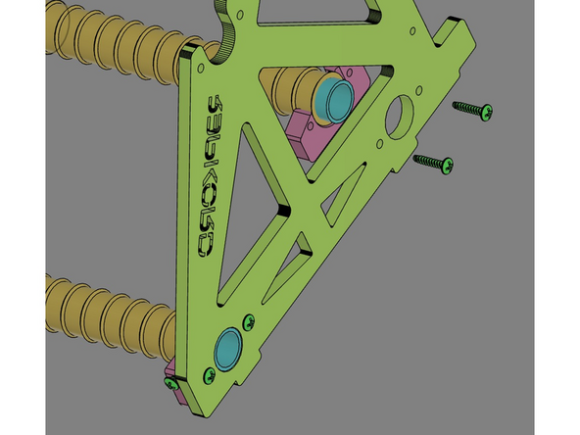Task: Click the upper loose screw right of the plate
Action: pos(473,110)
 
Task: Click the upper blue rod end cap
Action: pos(334,97)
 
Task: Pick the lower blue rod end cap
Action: pos(230,348)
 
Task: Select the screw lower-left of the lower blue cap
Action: pos(208,373)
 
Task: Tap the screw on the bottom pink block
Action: pos(170,384)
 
